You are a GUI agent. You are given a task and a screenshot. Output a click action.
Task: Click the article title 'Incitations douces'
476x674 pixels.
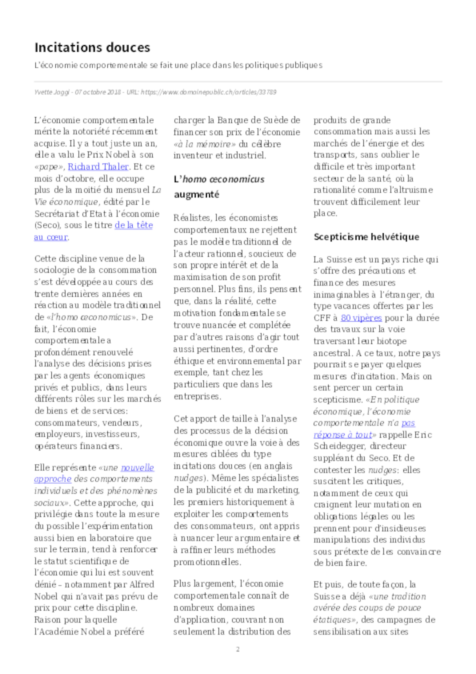tap(92, 48)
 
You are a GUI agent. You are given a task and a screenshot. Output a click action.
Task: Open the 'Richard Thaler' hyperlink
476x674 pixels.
tap(98, 167)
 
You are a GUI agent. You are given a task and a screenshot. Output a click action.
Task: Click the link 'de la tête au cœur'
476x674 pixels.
tap(134, 225)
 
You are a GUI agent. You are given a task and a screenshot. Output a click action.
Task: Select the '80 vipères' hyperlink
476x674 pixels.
tap(361, 318)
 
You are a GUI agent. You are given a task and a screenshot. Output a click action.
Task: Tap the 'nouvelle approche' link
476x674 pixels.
tap(137, 468)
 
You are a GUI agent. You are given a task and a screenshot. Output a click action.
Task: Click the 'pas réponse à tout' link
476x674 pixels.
tap(408, 423)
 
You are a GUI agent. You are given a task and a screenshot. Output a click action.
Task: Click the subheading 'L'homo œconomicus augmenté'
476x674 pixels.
tap(219, 187)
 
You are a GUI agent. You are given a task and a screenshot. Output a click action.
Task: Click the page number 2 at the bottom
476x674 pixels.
tap(238, 649)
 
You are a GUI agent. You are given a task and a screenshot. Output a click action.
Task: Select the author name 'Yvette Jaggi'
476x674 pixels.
tap(52, 92)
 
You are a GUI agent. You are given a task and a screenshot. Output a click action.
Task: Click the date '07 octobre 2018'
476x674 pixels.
tap(98, 92)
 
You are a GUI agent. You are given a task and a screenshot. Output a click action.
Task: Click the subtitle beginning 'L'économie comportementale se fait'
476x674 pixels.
tap(178, 65)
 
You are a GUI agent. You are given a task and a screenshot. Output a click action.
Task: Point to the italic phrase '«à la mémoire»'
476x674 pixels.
tap(204, 144)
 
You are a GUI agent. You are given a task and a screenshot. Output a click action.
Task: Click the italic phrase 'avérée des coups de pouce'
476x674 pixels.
tap(367, 608)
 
